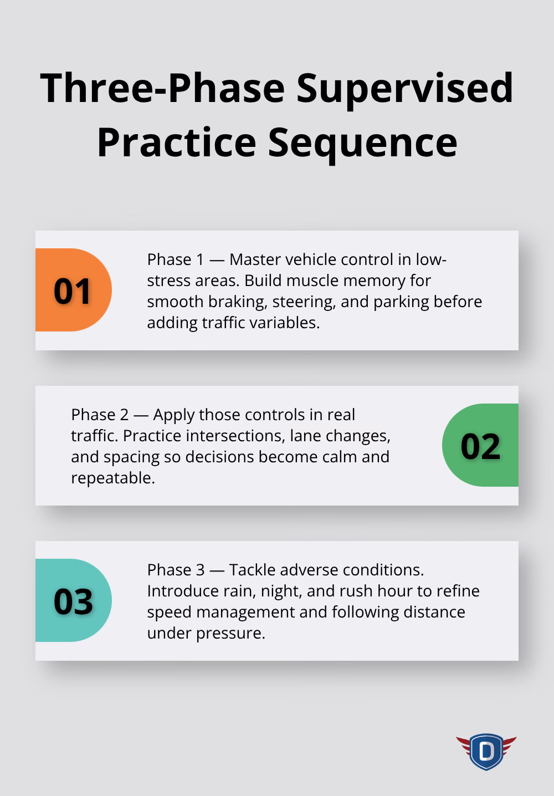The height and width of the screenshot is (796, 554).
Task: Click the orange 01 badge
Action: (73, 290)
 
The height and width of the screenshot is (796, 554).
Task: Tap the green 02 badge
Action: (480, 446)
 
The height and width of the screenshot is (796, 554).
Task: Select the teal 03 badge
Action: (73, 601)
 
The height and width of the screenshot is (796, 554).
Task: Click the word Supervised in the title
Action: (405, 88)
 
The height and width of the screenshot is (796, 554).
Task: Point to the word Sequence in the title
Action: (363, 142)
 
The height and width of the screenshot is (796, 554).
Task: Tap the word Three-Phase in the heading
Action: (162, 88)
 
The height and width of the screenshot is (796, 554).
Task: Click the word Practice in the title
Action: (176, 142)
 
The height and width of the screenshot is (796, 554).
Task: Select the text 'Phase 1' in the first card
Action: (169, 259)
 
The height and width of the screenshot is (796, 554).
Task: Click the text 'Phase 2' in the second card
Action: (93, 415)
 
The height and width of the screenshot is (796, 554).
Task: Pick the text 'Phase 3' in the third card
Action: (169, 570)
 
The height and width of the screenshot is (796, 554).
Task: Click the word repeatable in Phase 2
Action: (112, 478)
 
